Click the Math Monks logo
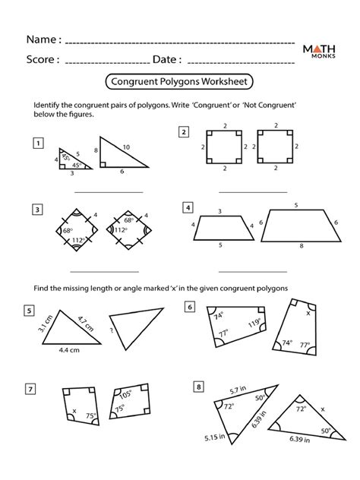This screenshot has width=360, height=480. pyautogui.click(x=319, y=51)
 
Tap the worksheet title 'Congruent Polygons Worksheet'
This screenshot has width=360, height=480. pyautogui.click(x=179, y=82)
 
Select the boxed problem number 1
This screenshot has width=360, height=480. pyautogui.click(x=38, y=143)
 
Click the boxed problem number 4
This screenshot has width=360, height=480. pyautogui.click(x=188, y=207)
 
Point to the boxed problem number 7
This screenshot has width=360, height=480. pyautogui.click(x=30, y=389)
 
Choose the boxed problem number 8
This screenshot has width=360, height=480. pyautogui.click(x=199, y=387)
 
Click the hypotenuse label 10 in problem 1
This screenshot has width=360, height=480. pyautogui.click(x=126, y=147)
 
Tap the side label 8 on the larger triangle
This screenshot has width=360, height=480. pyautogui.click(x=96, y=150)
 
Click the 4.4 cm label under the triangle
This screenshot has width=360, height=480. pyautogui.click(x=69, y=350)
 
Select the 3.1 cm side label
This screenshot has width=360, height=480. pyautogui.click(x=45, y=324)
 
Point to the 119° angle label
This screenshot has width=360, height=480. pyautogui.click(x=254, y=323)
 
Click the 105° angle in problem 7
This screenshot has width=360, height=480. pyautogui.click(x=125, y=395)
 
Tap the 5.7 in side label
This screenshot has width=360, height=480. pyautogui.click(x=238, y=390)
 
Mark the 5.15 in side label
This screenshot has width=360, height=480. pyautogui.click(x=215, y=437)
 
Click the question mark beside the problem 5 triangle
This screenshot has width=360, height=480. pyautogui.click(x=112, y=330)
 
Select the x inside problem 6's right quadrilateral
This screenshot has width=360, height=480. pyautogui.click(x=308, y=313)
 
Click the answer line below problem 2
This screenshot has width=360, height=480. pyautogui.click(x=253, y=193)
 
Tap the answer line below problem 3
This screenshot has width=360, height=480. pyautogui.click(x=105, y=272)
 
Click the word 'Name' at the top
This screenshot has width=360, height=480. pyautogui.click(x=41, y=39)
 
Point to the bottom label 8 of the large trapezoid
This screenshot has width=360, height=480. pyautogui.click(x=302, y=245)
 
